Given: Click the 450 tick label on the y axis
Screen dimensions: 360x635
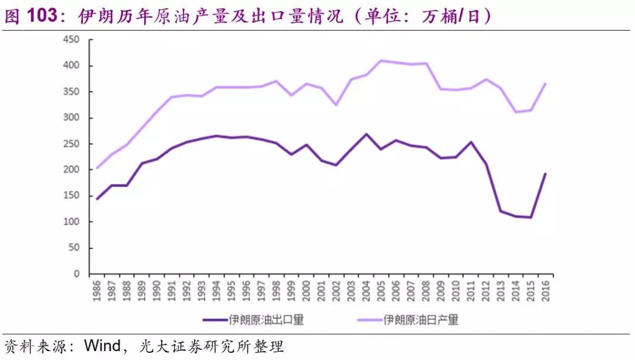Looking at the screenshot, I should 72,40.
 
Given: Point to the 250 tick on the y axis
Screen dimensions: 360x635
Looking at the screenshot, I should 72,144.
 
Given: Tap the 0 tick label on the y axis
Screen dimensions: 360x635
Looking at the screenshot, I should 76,274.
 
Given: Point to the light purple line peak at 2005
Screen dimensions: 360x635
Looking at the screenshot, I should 382,61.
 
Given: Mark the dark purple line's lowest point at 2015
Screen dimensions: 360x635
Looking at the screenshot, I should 532,218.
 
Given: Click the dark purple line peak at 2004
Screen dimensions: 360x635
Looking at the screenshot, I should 366,134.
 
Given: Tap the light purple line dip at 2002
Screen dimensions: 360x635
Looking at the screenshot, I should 336,105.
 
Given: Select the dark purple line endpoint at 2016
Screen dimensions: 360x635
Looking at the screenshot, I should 546,174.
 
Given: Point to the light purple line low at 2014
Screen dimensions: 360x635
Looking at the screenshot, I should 516,112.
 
